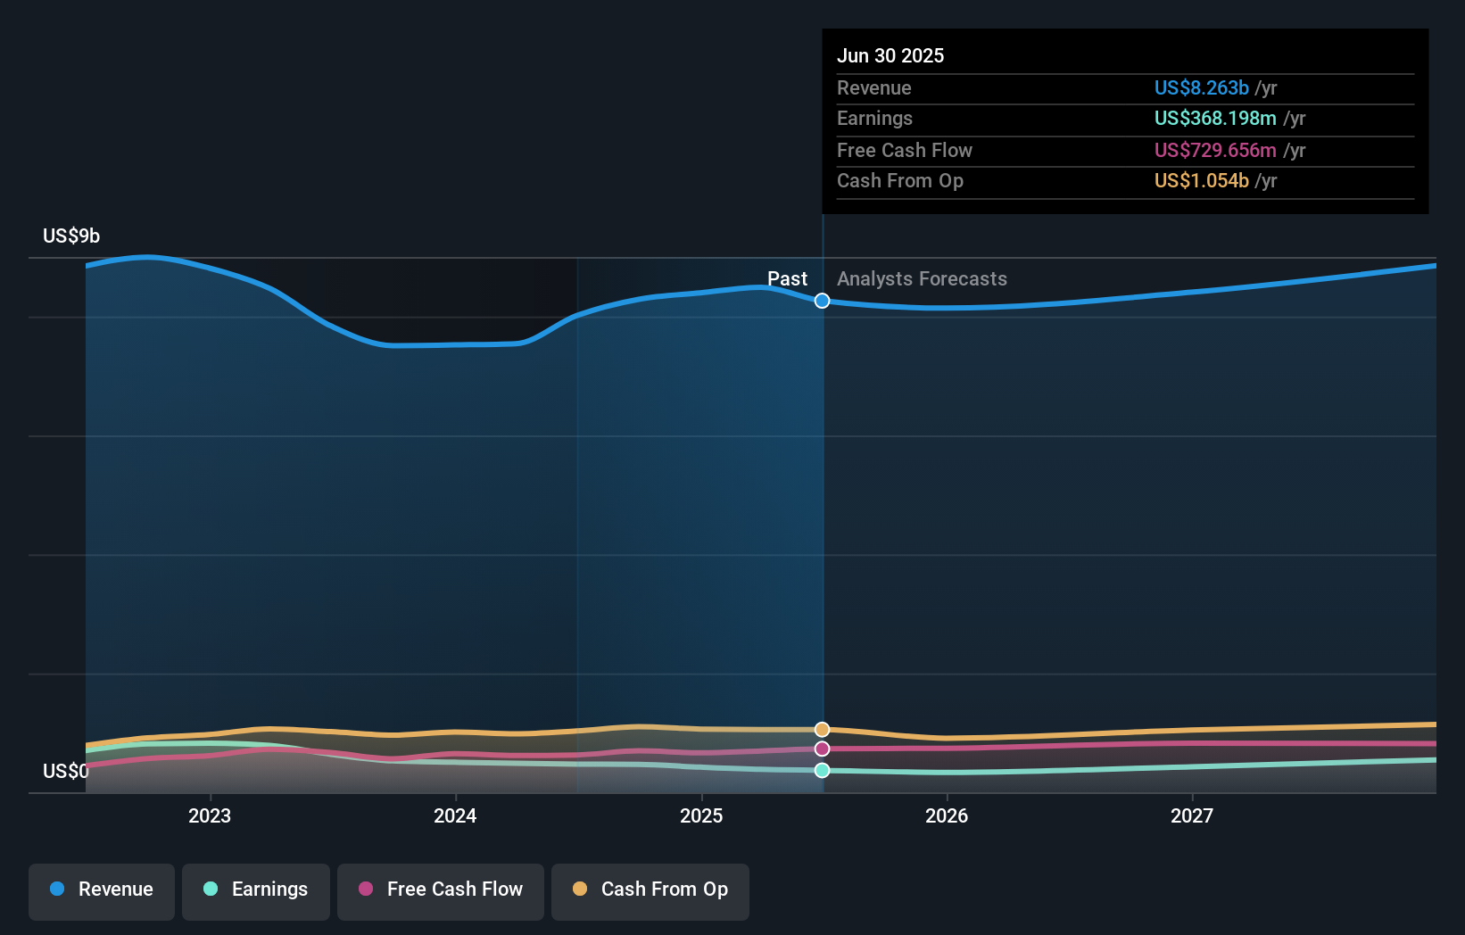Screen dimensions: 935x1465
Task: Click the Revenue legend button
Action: [x=102, y=890]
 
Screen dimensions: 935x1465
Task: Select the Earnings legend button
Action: [x=256, y=890]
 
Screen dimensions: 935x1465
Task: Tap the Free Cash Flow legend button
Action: [x=441, y=890]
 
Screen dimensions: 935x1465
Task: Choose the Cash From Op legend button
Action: [x=650, y=890]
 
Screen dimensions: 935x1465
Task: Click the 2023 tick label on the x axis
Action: [x=210, y=816]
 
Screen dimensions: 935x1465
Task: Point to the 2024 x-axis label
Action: [x=455, y=816]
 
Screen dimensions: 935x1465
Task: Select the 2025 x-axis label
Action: [x=701, y=816]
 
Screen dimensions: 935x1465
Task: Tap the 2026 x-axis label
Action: [x=947, y=816]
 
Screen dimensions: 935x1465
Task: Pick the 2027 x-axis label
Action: [x=1192, y=816]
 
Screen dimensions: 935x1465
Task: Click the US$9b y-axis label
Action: [x=71, y=236]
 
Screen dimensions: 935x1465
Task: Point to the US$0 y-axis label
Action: [x=65, y=772]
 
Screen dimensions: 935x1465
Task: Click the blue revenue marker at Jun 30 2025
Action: [x=823, y=302]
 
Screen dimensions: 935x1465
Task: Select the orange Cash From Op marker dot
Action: [x=823, y=730]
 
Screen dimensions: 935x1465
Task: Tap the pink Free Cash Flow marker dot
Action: [x=823, y=749]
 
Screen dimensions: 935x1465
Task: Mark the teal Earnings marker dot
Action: [x=823, y=771]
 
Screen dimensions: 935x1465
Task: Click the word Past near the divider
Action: [x=787, y=279]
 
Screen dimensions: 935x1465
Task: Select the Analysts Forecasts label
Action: [x=922, y=279]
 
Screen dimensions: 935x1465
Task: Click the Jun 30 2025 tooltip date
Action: [x=890, y=56]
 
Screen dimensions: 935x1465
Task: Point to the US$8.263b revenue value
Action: [x=1201, y=88]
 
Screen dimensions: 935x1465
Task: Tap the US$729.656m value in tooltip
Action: [x=1215, y=151]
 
